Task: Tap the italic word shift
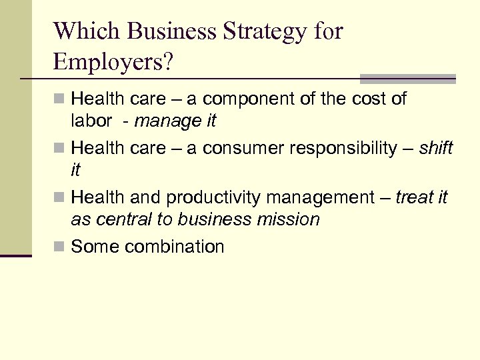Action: (x=436, y=147)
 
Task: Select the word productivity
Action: (x=214, y=198)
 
